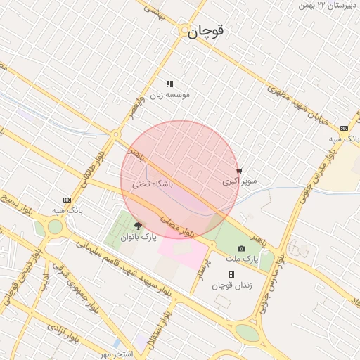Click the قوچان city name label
(x=207, y=32)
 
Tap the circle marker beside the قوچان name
(x=184, y=32)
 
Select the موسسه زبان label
(x=169, y=94)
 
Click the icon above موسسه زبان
(x=169, y=84)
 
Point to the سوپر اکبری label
(x=240, y=181)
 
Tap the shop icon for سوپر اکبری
(x=240, y=170)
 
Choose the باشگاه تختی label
(x=153, y=185)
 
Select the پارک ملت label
(x=246, y=259)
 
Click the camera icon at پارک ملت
(x=241, y=248)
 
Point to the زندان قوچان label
(x=231, y=285)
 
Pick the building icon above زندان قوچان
(x=231, y=274)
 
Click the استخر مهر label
(x=116, y=354)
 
